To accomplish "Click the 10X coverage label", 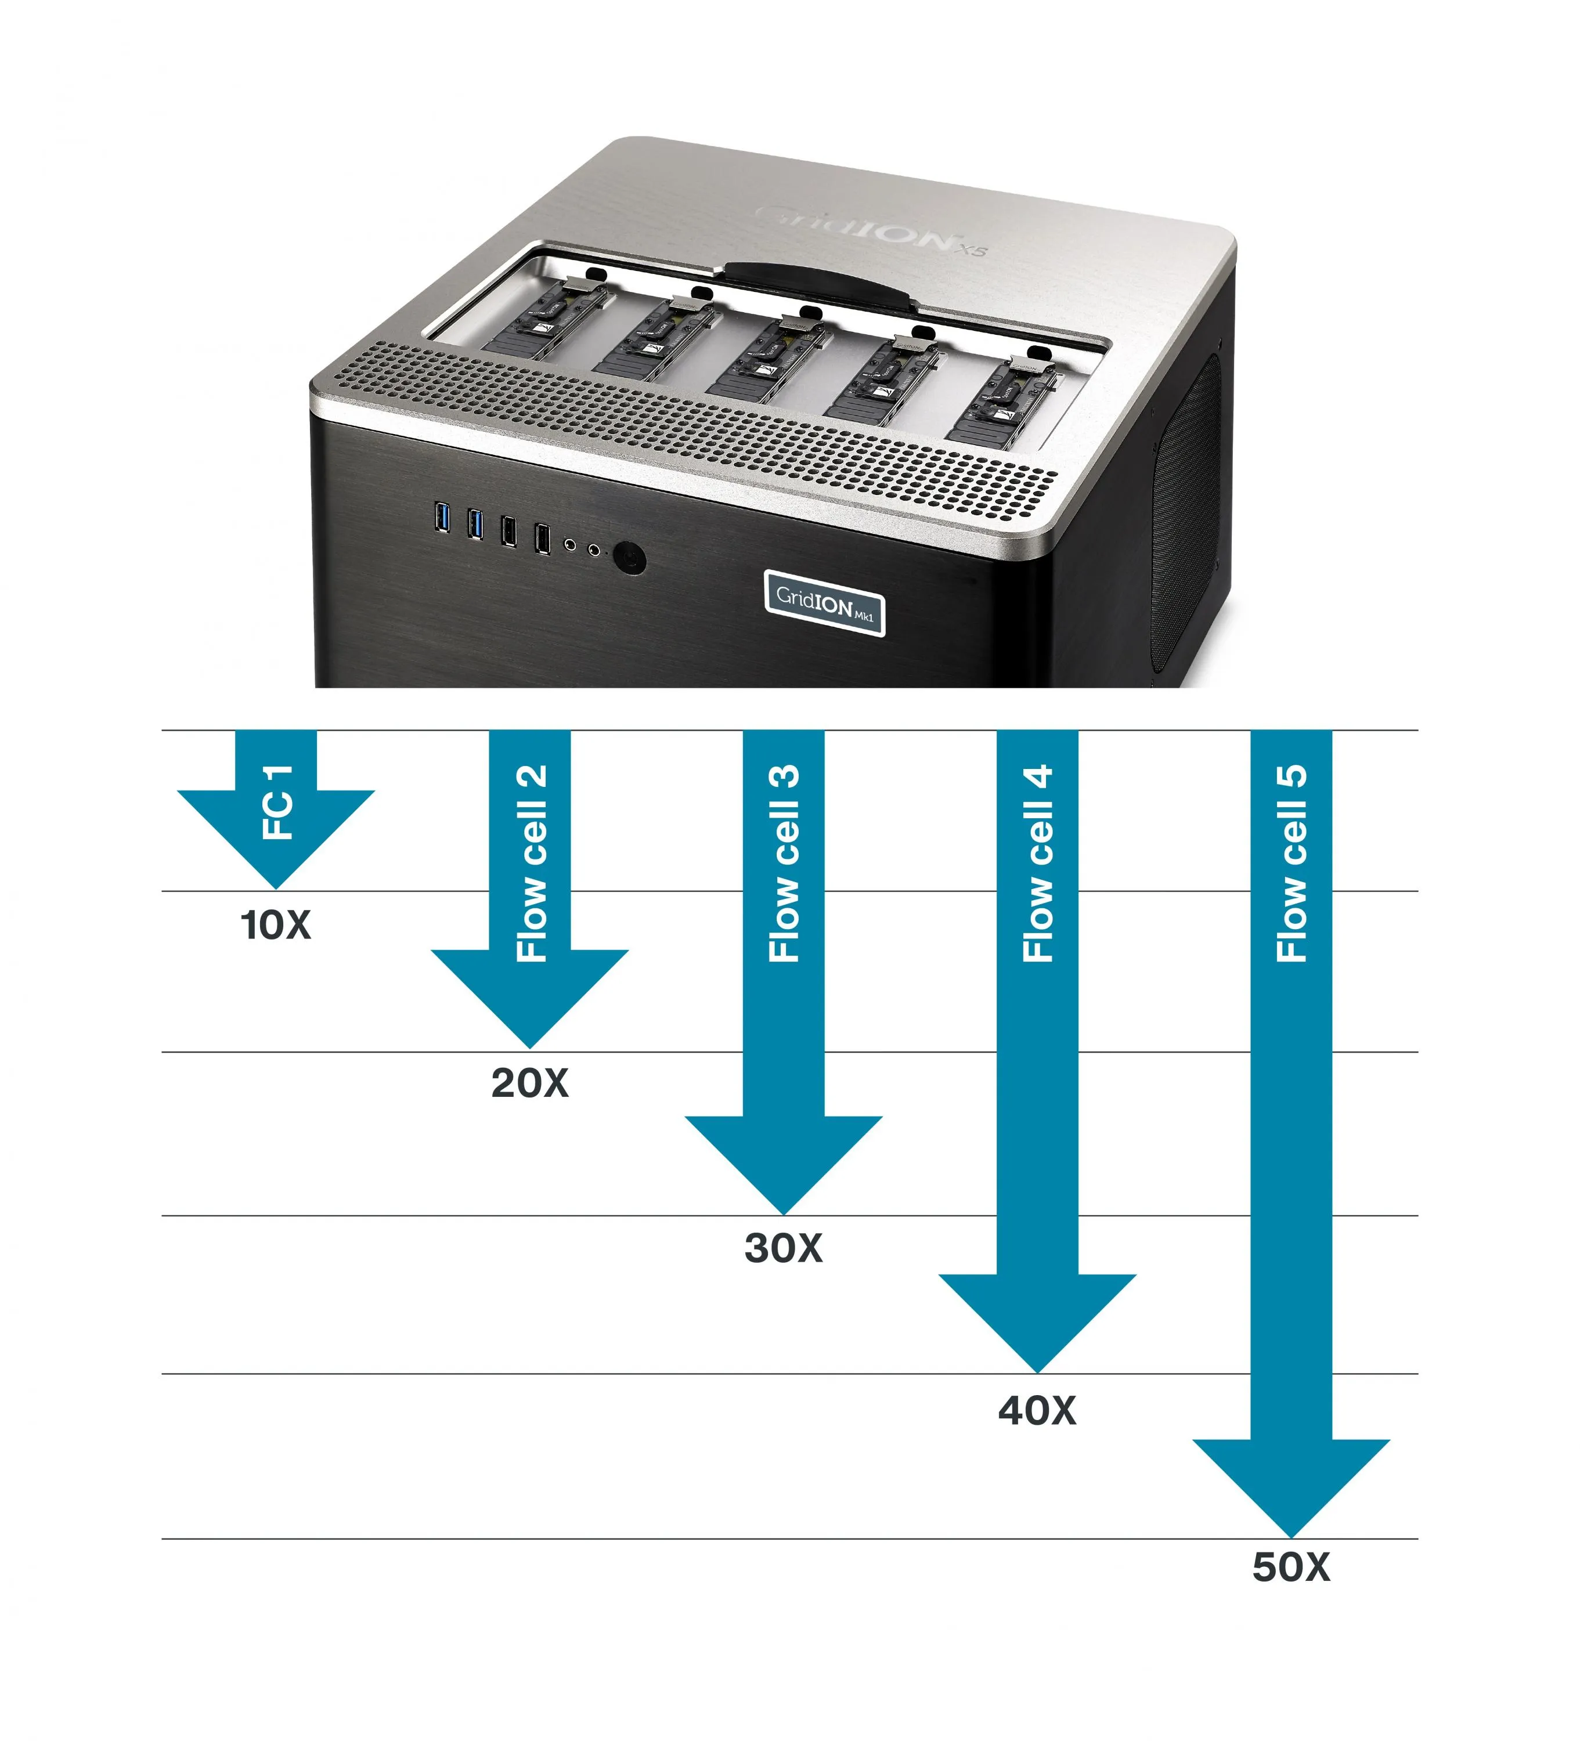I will (275, 925).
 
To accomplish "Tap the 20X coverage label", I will (529, 1083).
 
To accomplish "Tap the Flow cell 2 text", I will (531, 863).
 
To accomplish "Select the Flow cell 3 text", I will (784, 863).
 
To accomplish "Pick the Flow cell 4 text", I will (1037, 863).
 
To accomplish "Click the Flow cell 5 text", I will (1292, 863).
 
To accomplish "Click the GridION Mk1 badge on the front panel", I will (824, 602).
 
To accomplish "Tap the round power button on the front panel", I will (630, 558).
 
